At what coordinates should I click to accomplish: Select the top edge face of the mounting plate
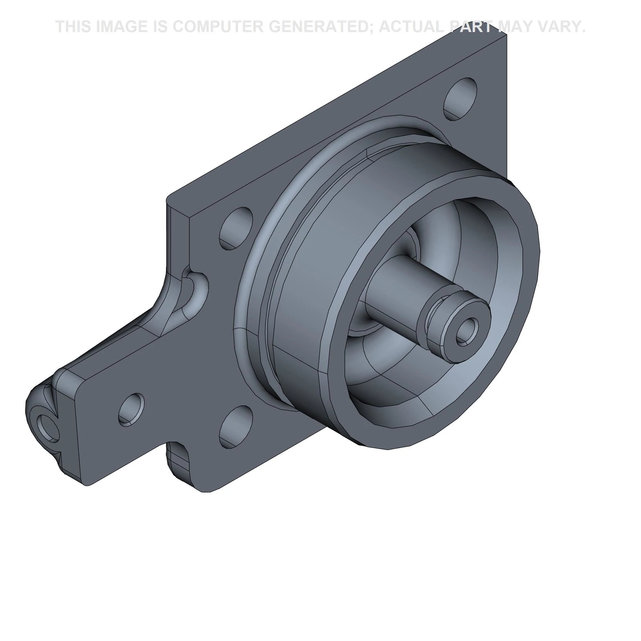pyautogui.click(x=332, y=113)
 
